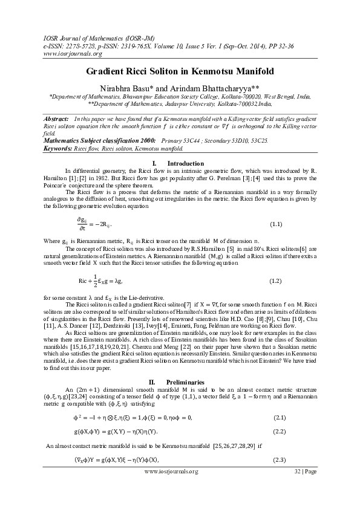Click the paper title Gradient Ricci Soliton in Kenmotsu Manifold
click(x=179, y=71)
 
